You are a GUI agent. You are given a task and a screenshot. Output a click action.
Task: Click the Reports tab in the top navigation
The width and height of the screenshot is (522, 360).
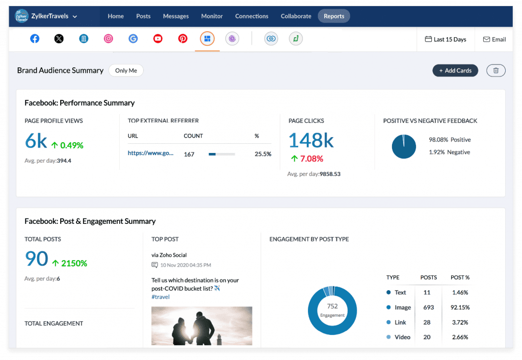click(x=334, y=16)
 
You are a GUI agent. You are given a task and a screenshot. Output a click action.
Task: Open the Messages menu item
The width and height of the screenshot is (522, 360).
click(x=176, y=16)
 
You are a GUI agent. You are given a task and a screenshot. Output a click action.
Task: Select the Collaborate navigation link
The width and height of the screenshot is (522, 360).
click(x=296, y=16)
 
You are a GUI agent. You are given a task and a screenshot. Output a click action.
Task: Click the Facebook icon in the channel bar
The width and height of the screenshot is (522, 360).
click(x=35, y=39)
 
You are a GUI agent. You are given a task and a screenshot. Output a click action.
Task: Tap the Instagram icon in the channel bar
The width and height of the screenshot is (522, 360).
click(x=108, y=39)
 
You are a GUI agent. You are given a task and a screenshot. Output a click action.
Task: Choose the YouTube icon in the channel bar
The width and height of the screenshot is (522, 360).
click(x=158, y=39)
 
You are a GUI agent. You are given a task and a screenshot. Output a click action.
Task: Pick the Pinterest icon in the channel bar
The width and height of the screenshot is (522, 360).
click(x=182, y=39)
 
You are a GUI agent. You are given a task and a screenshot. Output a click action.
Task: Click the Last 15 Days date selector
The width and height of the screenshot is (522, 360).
click(x=446, y=39)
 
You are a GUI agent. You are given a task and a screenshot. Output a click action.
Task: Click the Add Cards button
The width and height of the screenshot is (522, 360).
click(x=455, y=70)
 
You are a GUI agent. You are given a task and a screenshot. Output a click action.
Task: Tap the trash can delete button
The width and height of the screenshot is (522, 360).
click(x=496, y=70)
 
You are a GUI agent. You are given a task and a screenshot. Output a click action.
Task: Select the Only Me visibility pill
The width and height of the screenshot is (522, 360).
click(x=126, y=70)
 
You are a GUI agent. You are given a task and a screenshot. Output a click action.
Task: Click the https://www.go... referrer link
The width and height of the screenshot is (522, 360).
click(x=150, y=153)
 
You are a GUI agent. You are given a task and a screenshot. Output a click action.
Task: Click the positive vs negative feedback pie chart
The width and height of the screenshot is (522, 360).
click(x=404, y=146)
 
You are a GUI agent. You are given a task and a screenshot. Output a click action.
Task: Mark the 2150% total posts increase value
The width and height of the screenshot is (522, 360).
click(x=74, y=263)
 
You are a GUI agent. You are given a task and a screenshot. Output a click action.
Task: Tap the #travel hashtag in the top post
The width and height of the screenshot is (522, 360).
click(x=161, y=297)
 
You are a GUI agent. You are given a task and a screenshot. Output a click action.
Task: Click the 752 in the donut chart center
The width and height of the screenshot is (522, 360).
click(x=332, y=306)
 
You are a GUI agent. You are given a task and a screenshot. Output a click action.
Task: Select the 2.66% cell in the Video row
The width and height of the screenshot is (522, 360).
click(x=460, y=337)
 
